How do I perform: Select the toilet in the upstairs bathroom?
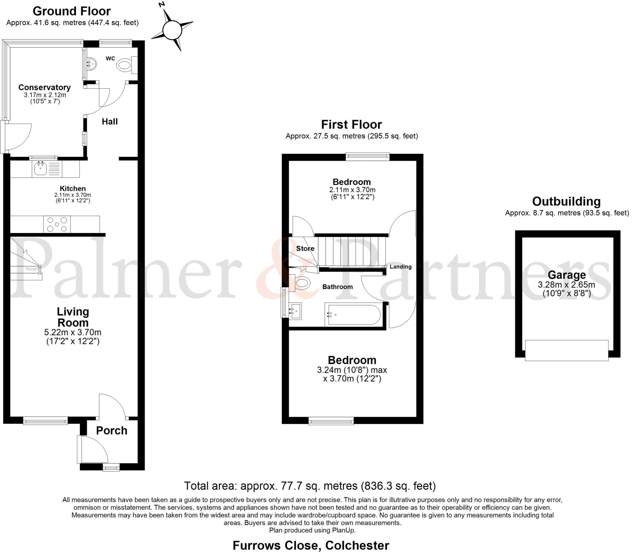point(301,283)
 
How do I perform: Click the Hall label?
point(110,122)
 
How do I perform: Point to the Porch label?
point(111,431)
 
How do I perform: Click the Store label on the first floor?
point(305,249)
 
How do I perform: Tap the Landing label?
point(401,267)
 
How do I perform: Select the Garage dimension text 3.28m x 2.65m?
point(566,284)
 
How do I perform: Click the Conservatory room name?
point(44,87)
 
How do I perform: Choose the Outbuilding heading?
point(566,201)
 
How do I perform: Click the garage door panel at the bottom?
point(567,350)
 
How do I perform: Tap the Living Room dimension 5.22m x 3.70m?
point(73,332)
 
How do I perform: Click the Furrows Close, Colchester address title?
point(310,545)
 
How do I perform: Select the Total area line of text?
point(310,486)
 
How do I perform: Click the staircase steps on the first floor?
point(352,251)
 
